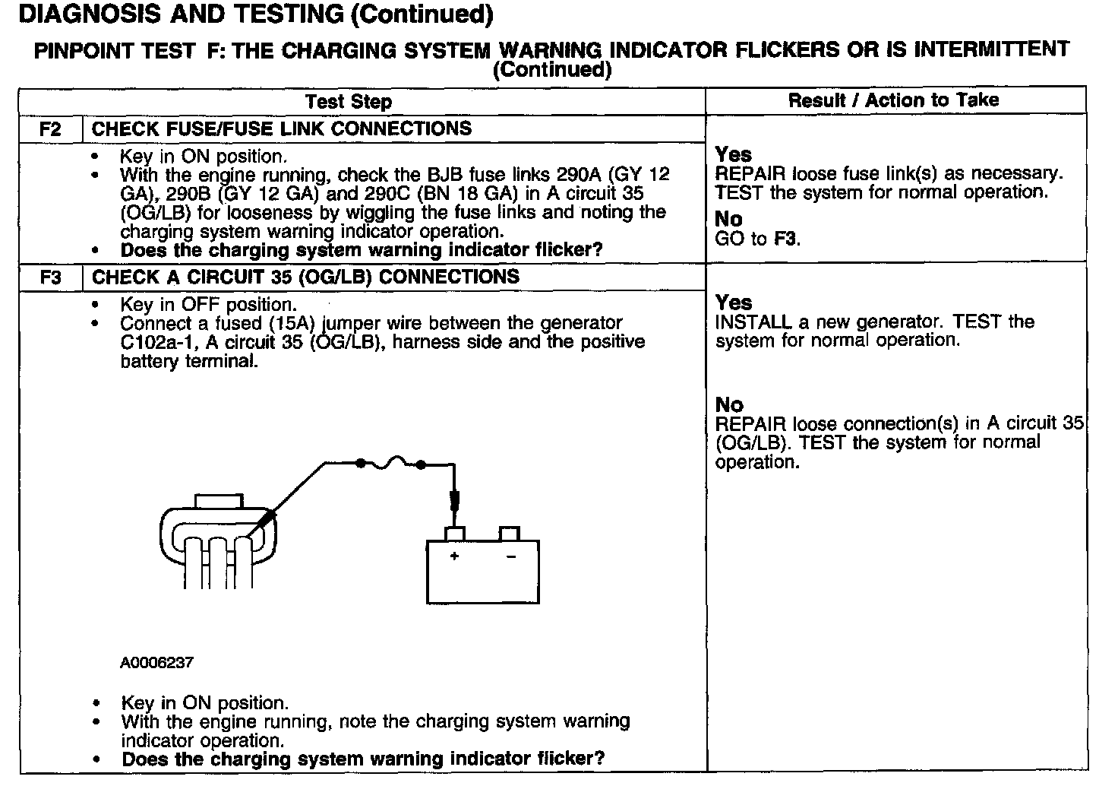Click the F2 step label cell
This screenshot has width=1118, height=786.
click(x=50, y=128)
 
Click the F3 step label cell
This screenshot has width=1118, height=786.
click(x=50, y=277)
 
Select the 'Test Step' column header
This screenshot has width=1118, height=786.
click(x=349, y=101)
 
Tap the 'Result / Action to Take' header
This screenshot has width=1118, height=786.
click(x=893, y=100)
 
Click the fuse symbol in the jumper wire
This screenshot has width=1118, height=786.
click(x=390, y=462)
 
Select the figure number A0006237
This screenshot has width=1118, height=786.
click(x=156, y=662)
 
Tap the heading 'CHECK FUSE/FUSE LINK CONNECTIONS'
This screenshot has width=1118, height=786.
click(x=281, y=128)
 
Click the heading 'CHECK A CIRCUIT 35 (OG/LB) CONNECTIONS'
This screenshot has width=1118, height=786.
click(x=305, y=277)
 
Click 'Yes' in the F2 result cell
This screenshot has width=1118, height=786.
click(x=733, y=154)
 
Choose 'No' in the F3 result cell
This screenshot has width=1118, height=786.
click(x=729, y=404)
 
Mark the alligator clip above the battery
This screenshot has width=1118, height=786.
click(x=454, y=499)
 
